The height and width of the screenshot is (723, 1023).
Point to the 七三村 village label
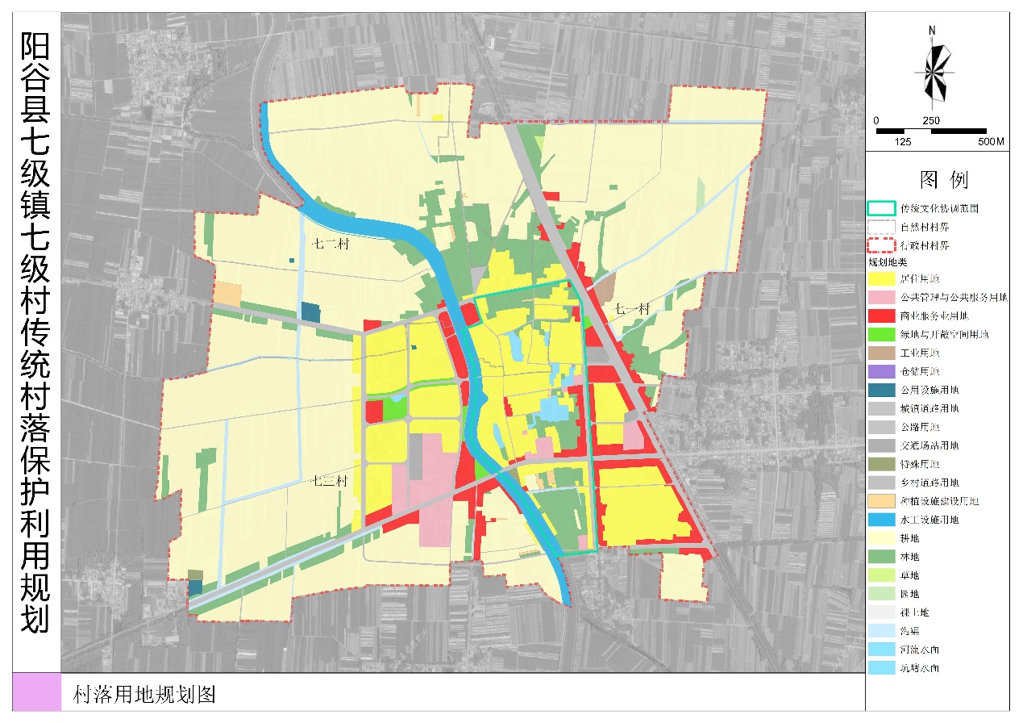click(329, 482)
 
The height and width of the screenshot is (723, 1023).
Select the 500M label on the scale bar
click(990, 142)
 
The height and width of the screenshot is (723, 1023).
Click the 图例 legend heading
click(944, 179)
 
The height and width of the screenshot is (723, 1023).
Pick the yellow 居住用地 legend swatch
click(883, 279)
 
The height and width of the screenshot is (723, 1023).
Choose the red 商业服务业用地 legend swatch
click(883, 316)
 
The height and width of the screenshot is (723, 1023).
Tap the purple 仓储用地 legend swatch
click(883, 372)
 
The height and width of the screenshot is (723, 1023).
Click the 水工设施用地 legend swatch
click(883, 520)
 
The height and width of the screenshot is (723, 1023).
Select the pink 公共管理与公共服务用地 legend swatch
click(883, 298)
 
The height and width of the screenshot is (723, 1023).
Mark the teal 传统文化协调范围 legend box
click(883, 208)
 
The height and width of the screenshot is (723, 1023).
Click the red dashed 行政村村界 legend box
click(883, 245)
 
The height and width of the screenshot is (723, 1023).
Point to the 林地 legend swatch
click(883, 558)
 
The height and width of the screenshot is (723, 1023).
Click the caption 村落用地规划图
click(144, 696)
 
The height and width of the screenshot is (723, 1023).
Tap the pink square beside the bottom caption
click(37, 692)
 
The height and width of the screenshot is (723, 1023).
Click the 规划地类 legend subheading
click(887, 263)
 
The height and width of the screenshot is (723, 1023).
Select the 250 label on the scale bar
click(931, 120)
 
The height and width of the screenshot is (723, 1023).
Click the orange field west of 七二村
click(227, 294)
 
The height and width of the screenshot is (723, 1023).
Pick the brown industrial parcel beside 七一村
click(605, 286)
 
